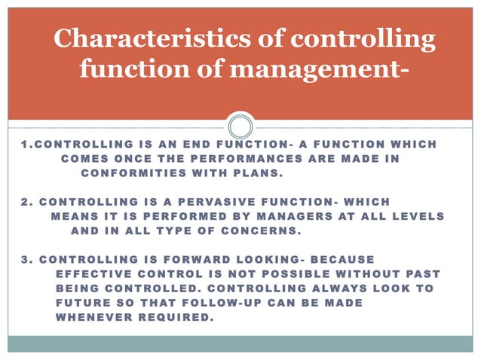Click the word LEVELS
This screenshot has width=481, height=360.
[416, 216]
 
